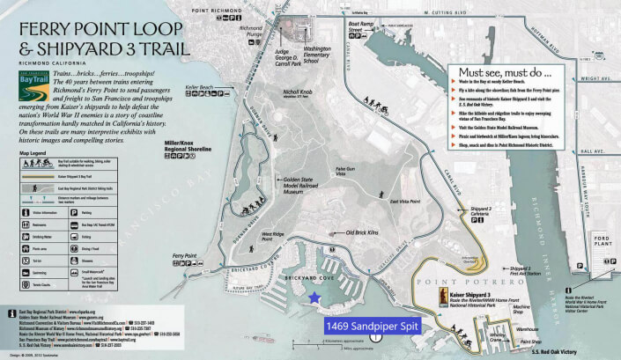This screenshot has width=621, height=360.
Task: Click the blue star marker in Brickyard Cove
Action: tap(314, 298)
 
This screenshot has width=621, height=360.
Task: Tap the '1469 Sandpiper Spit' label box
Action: tap(374, 325)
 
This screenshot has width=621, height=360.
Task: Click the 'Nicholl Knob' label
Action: tap(299, 116)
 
